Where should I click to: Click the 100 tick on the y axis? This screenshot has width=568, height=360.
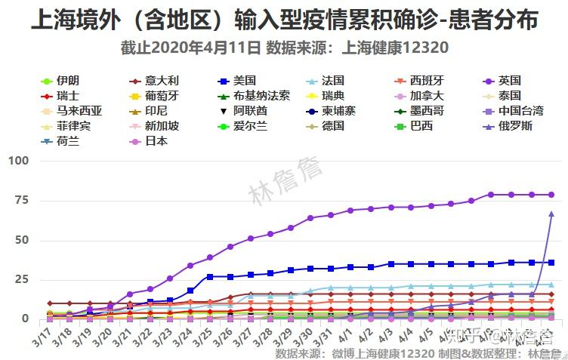[x=18, y=161]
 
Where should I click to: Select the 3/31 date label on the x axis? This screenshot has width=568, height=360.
[x=322, y=334]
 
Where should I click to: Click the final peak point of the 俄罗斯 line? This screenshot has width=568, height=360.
[x=551, y=214]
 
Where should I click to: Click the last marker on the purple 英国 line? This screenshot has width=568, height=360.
[x=551, y=195]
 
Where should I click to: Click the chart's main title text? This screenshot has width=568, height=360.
[x=284, y=20]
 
